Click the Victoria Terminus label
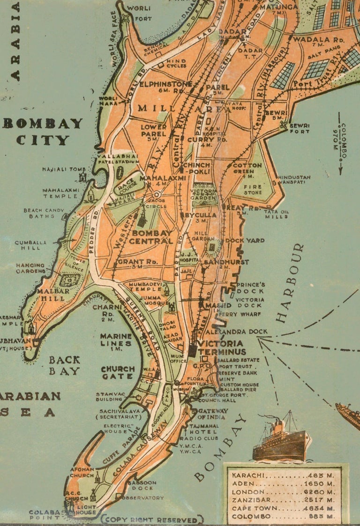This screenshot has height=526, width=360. coord(222,348)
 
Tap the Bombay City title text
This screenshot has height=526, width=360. coord(43,132)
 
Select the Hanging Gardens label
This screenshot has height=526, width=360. coord(30,268)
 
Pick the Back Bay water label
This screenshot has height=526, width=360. coord(64,365)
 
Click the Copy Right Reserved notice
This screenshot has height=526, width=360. coord(152,519)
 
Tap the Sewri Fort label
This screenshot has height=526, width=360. coord(299,129)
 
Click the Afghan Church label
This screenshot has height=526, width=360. coord(82,472)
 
